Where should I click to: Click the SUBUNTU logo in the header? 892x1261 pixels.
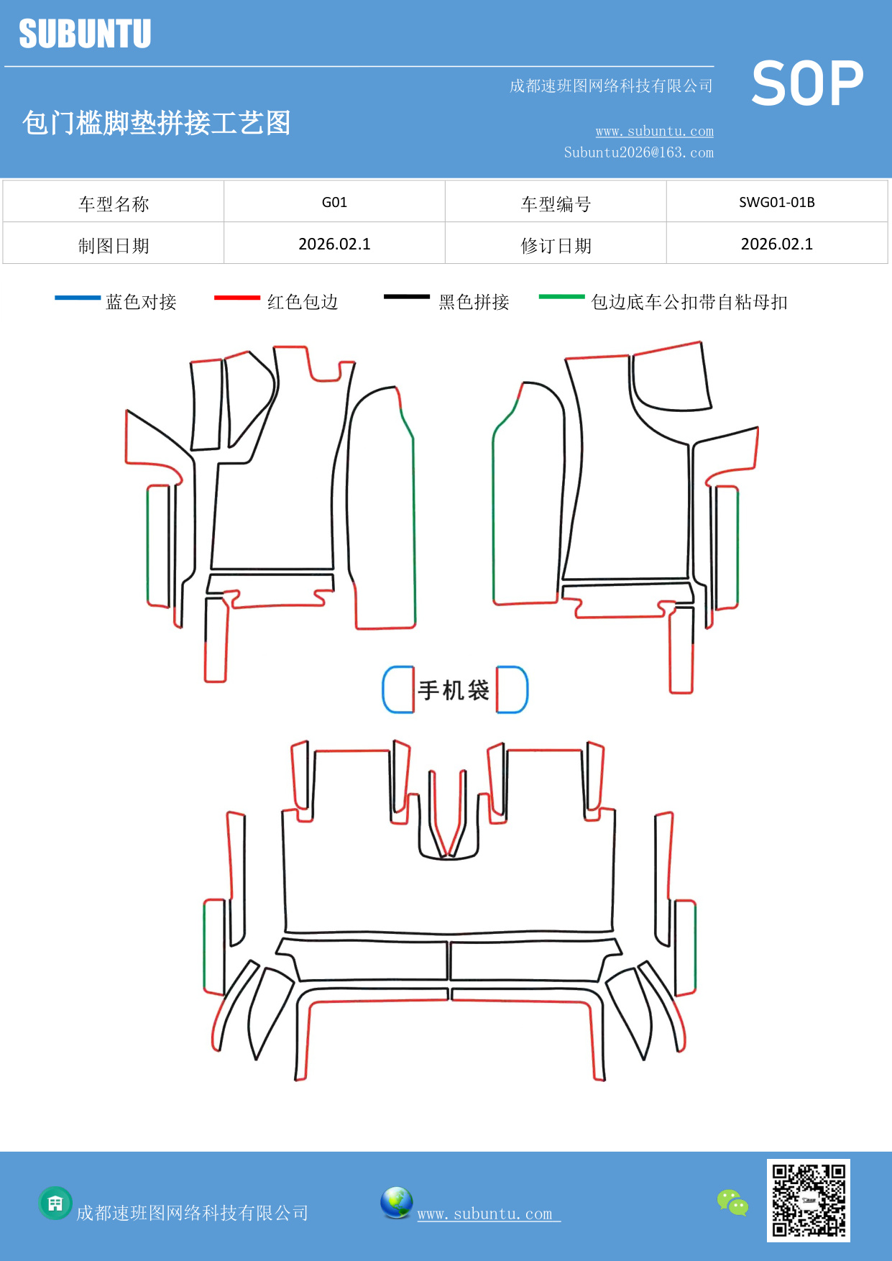tap(85, 34)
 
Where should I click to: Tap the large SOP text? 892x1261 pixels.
tap(807, 83)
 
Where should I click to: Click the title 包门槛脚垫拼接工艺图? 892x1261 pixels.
tap(156, 123)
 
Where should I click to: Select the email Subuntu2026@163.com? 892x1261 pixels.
tap(638, 152)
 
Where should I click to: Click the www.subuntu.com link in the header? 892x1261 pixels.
tap(654, 132)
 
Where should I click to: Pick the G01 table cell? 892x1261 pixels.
tap(334, 202)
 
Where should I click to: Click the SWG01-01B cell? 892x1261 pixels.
tap(776, 202)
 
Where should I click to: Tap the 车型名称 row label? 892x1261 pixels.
tap(114, 204)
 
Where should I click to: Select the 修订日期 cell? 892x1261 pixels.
tap(556, 246)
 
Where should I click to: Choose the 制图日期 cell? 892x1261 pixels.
tap(114, 246)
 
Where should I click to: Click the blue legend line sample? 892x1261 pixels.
tap(78, 298)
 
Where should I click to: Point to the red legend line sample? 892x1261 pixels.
tap(236, 298)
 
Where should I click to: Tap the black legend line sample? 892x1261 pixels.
tap(406, 297)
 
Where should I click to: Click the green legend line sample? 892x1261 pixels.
tap(561, 297)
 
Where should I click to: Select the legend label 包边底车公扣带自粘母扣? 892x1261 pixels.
tap(689, 302)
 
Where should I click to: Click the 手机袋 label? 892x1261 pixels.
tap(454, 690)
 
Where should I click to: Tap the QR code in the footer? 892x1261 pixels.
tap(808, 1200)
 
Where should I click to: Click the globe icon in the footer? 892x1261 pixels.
tap(396, 1203)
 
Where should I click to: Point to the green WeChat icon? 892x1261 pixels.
tap(732, 1203)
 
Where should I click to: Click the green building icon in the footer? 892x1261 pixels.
tap(55, 1203)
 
